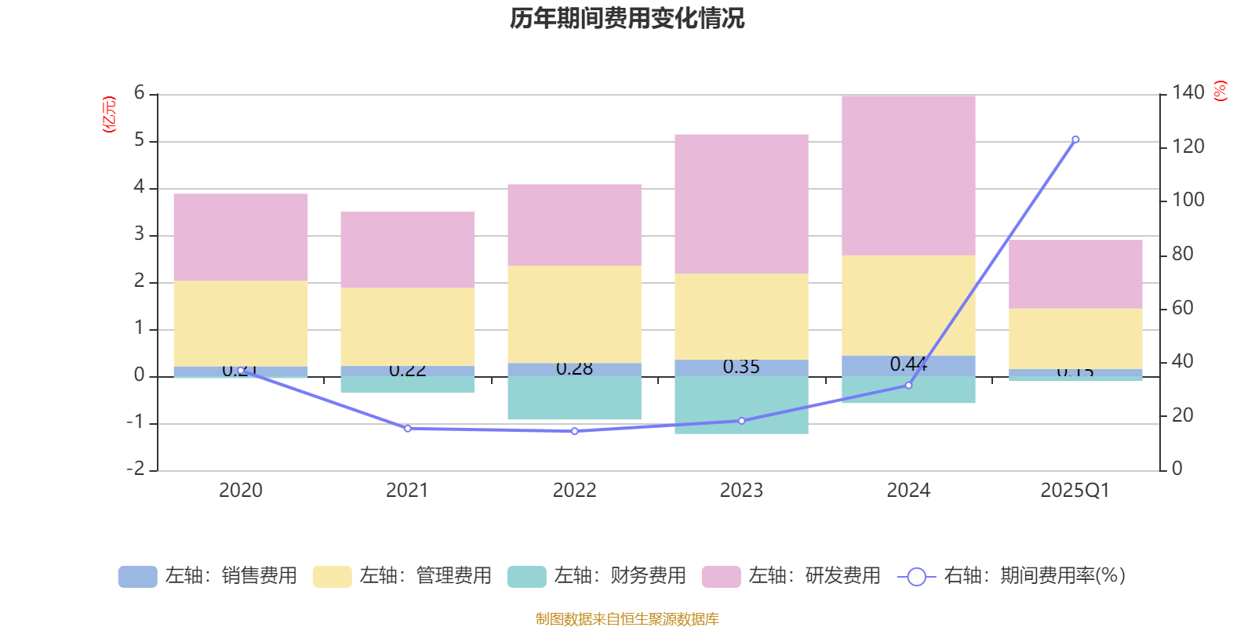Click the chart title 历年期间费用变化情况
point(627,18)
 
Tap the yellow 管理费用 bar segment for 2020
point(240,323)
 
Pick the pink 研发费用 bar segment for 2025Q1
point(1075,274)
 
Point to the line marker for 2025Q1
point(1075,140)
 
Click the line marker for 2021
point(407,429)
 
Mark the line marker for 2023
point(741,421)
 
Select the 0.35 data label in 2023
point(741,367)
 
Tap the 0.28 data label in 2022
point(574,368)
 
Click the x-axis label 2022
point(574,491)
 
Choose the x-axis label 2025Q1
point(1075,491)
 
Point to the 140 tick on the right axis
point(1188,93)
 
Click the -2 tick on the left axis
point(136,469)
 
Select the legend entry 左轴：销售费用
point(208,576)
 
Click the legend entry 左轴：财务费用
point(597,576)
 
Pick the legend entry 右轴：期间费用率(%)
point(1012,576)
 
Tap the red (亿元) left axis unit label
point(109,114)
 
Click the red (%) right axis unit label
point(1220,91)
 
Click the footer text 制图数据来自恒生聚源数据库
point(627,619)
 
